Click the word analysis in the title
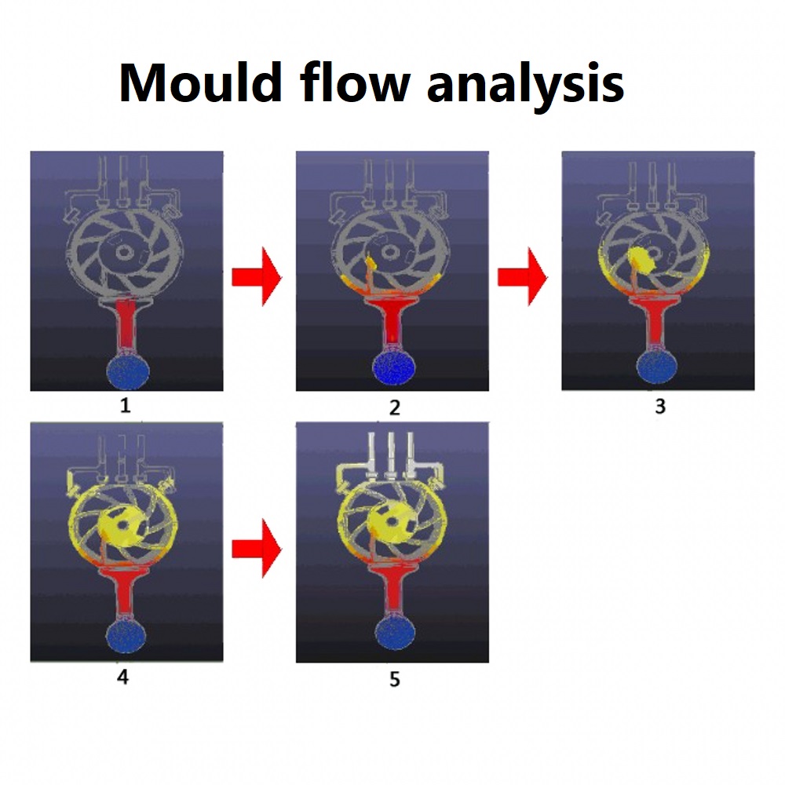pos(526,86)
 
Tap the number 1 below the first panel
pos(125,405)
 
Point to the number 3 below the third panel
pos(660,406)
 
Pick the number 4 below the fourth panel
pos(123,677)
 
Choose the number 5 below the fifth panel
pos(395,679)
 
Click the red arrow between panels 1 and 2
pos(257,277)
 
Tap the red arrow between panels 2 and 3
pos(523,277)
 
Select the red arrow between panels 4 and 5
pos(257,549)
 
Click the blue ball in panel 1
pos(128,371)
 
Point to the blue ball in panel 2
pos(395,370)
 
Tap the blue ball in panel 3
pos(659,371)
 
